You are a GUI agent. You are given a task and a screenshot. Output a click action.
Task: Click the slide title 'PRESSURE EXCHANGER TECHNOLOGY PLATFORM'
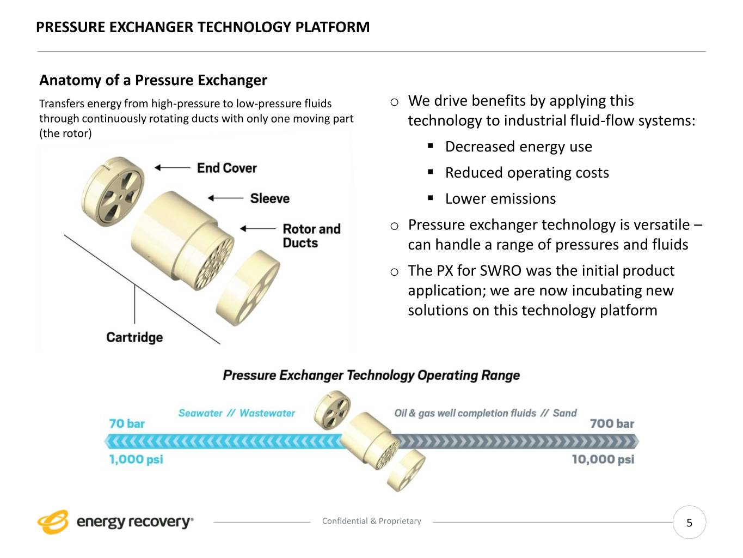click(x=202, y=27)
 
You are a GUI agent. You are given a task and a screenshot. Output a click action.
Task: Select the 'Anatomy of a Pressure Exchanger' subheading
click(x=153, y=80)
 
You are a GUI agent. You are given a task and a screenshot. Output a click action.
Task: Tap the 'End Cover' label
click(x=226, y=168)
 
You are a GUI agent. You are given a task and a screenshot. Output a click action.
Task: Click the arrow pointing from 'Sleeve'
click(x=225, y=198)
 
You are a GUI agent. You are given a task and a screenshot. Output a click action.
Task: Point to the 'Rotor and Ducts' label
click(x=311, y=235)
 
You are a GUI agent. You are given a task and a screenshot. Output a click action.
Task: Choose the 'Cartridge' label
click(x=134, y=337)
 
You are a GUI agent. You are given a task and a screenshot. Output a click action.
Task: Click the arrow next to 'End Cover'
click(x=172, y=168)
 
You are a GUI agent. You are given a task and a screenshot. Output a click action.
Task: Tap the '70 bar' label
click(x=127, y=423)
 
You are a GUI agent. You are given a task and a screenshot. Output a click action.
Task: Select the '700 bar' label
click(x=612, y=423)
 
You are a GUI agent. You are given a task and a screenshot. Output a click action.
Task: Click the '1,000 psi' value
click(x=136, y=459)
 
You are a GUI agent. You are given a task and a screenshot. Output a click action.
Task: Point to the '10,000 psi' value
click(x=603, y=459)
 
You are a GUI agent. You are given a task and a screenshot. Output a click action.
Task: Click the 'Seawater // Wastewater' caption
click(x=236, y=413)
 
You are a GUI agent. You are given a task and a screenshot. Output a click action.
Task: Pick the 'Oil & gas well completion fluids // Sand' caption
click(x=485, y=413)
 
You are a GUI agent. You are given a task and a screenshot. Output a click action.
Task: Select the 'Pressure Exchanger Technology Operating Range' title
click(x=371, y=375)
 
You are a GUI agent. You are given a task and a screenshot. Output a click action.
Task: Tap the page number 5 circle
click(x=689, y=523)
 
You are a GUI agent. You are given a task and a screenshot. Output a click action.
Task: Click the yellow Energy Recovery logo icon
click(x=53, y=521)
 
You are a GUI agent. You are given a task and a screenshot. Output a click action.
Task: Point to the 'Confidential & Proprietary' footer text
click(x=371, y=521)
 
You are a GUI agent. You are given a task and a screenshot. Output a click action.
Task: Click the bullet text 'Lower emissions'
click(x=500, y=198)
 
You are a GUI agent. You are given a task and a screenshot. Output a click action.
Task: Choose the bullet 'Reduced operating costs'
click(x=527, y=172)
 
